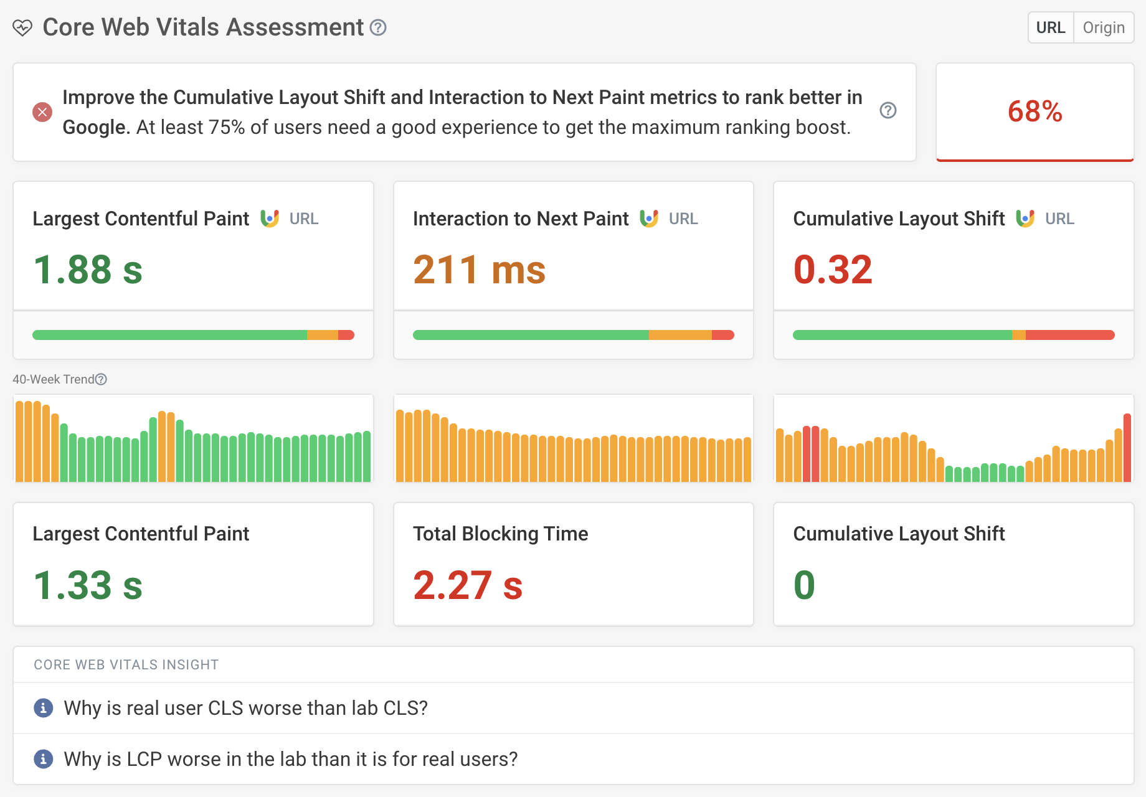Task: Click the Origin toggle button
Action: [x=1103, y=27]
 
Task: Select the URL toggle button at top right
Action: [x=1051, y=27]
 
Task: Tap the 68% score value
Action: [x=1035, y=111]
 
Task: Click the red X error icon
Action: [x=42, y=112]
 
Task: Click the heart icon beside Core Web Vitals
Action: [x=22, y=28]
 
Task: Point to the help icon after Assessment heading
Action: [x=378, y=27]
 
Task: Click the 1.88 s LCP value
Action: [x=88, y=270]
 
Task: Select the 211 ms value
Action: [x=479, y=270]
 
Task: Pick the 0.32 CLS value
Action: [x=833, y=270]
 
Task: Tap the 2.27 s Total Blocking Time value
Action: [x=468, y=585]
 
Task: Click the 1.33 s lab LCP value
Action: [x=88, y=585]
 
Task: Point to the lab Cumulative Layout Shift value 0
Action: [x=804, y=585]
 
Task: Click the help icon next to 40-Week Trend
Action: [x=101, y=379]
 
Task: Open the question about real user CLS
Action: [x=245, y=708]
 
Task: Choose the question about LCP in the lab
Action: [x=290, y=759]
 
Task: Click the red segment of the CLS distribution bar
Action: [x=1069, y=335]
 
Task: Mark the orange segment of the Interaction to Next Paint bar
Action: [x=680, y=335]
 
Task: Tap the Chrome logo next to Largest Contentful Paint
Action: [x=270, y=219]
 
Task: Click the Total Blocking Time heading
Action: [x=500, y=534]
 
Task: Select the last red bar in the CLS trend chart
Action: [x=1127, y=447]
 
